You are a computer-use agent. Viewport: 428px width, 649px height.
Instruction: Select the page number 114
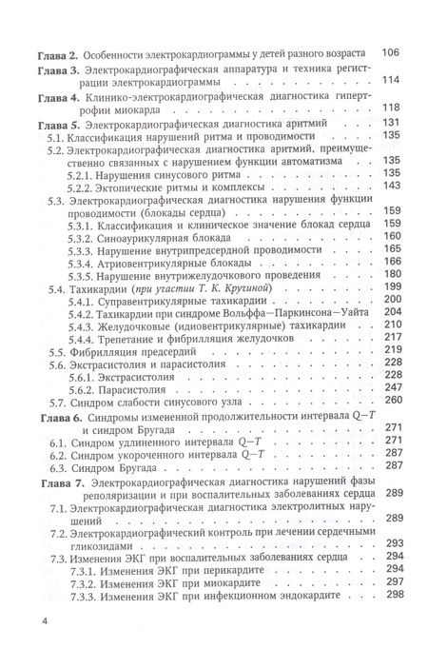click(x=391, y=81)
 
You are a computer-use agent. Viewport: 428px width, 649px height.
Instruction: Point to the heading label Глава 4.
click(x=44, y=98)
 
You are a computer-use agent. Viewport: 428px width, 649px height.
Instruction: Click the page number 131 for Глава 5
click(x=391, y=123)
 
